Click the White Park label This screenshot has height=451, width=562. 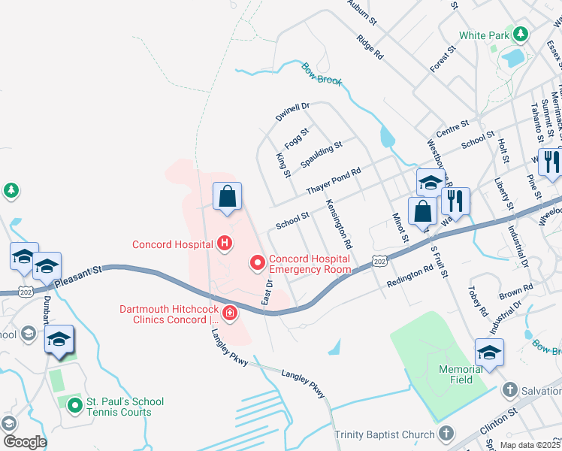(483, 35)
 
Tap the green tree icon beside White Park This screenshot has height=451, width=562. (520, 35)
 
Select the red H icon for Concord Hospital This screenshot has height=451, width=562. (224, 244)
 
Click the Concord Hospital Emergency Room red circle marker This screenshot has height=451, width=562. (257, 262)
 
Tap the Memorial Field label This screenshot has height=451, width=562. (461, 374)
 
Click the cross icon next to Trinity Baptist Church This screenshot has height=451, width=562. (446, 434)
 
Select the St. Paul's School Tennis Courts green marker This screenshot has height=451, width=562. (74, 406)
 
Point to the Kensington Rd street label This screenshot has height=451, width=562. (338, 224)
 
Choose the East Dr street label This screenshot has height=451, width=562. (266, 292)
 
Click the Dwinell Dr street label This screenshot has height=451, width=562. (292, 113)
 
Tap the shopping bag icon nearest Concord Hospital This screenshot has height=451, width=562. (227, 198)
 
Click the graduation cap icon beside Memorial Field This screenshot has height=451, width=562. (489, 352)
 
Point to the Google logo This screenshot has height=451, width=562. (24, 442)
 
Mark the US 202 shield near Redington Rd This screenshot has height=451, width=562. (379, 260)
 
